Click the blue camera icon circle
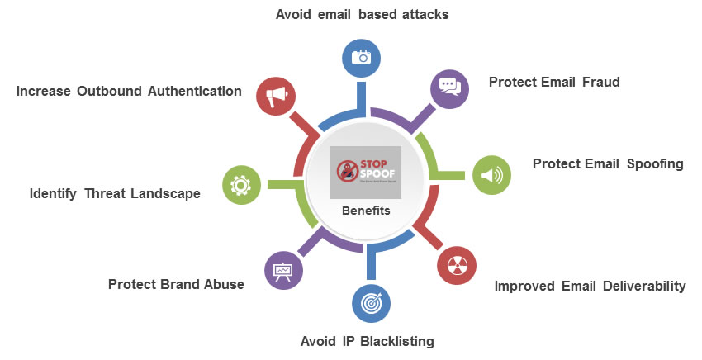coord(360,56)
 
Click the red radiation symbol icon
coord(456,265)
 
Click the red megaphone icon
coord(276,95)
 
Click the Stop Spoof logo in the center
coord(365,172)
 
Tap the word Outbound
coord(110,91)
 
